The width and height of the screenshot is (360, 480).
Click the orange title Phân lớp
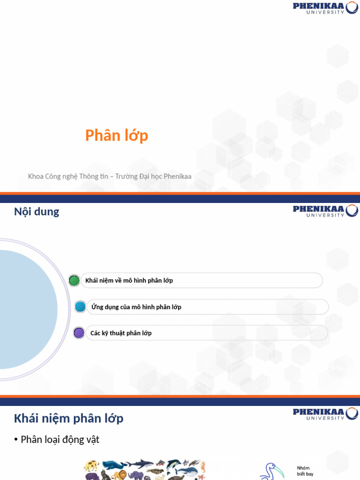pos(117,135)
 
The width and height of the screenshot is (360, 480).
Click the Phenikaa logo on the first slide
pos(325,7)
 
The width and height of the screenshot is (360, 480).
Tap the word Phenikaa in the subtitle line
pos(178,176)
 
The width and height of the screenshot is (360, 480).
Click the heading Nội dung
pos(37,211)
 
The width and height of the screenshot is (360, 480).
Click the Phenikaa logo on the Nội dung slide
pos(325,210)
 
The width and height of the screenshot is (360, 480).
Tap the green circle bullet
pos(74,280)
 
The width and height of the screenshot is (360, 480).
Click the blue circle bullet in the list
pos(80,307)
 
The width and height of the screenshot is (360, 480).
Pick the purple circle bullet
pos(79,333)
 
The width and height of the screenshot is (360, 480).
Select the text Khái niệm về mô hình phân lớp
pos(129,280)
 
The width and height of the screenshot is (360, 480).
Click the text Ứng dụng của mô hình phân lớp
pos(136,307)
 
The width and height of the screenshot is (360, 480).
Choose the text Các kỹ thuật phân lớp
pos(120,333)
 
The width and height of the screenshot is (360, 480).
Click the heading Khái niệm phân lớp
pos(68,418)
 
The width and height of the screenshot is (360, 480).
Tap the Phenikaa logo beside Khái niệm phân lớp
pos(325,413)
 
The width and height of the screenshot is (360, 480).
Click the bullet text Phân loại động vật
pos(60,440)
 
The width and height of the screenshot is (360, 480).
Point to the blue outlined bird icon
pos(272,471)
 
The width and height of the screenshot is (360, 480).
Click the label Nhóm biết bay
pos(305,471)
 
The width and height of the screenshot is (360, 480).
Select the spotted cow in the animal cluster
pos(91,465)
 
